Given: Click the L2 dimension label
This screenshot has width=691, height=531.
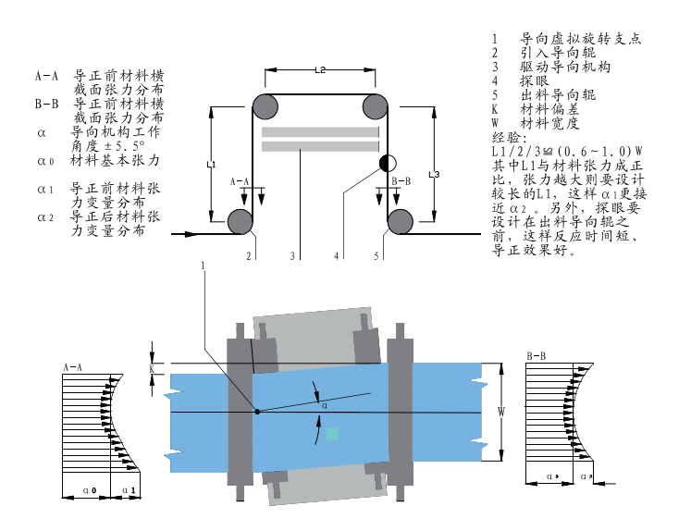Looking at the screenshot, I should coord(320,69).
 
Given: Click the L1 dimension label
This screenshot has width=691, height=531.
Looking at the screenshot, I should coord(211,165).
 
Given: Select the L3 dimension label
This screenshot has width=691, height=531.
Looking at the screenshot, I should coord(433,173).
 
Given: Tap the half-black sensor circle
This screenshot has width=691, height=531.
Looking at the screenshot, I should coord(387,164).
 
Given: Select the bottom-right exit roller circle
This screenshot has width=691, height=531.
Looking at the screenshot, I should coord(401,221).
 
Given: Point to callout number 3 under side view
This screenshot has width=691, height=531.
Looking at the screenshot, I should coord(292,255).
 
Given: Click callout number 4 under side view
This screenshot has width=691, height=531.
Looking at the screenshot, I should coord(337,255).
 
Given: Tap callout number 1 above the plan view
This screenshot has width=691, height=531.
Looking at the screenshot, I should coord(203,266).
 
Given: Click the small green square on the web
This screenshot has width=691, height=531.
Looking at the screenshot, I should coord(332,433).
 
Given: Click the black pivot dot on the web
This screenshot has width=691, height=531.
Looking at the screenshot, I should coord(257,411).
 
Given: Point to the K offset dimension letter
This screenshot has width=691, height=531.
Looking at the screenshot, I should coord(152,367).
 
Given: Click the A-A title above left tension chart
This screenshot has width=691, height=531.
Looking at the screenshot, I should coord(73,367).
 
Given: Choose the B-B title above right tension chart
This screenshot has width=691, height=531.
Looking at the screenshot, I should coord(536,356).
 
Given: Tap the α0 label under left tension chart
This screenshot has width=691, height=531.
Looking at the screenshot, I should coord(91,489).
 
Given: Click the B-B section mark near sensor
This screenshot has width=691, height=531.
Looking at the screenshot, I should coord(401,181).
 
